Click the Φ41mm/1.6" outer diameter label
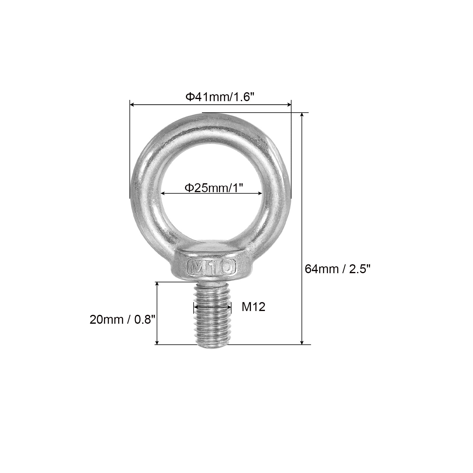click(x=220, y=97)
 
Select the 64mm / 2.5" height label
click(x=337, y=269)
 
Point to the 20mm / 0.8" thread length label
click(x=123, y=320)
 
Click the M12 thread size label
click(x=254, y=307)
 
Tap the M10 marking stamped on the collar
click(x=211, y=268)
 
